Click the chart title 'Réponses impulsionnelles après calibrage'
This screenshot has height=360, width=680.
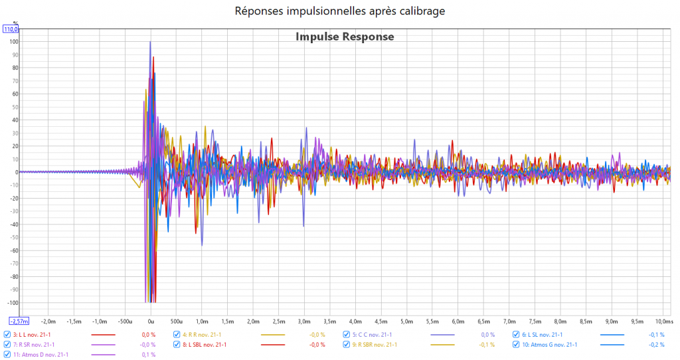coord(339,11)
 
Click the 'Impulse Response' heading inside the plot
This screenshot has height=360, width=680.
coord(345,37)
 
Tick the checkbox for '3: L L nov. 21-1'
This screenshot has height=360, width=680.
coord(7,335)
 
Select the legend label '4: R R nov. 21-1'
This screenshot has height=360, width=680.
coord(202,335)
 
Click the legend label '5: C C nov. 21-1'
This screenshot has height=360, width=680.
coord(372,335)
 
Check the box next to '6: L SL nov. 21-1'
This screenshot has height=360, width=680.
coord(516,335)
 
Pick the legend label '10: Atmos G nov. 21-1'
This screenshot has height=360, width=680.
coord(549,345)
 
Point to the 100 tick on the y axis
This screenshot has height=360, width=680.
coord(13,42)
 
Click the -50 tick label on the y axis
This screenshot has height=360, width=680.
coord(13,238)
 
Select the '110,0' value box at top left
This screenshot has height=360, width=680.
coord(11,29)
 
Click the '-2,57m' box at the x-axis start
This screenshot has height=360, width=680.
coord(11,321)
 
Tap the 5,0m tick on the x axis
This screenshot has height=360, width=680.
coord(407,321)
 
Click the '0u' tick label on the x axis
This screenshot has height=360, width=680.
coord(151,321)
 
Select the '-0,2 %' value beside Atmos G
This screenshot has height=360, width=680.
coord(657,345)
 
